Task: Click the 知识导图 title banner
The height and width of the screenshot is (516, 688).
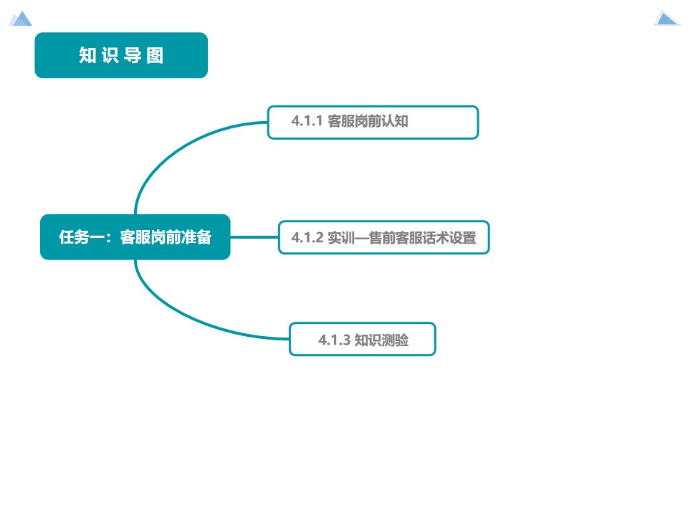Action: click(x=121, y=55)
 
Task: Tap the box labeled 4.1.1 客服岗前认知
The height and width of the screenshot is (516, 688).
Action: click(x=373, y=122)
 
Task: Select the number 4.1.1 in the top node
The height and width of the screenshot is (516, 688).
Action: click(x=307, y=121)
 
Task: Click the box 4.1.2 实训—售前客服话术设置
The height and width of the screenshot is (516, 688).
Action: click(x=383, y=237)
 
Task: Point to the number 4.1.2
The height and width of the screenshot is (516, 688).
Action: click(x=307, y=237)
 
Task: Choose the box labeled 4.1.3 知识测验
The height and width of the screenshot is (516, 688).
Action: click(x=362, y=339)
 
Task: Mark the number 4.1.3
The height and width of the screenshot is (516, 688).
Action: click(x=334, y=340)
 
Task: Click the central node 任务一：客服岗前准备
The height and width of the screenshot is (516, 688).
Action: click(x=135, y=237)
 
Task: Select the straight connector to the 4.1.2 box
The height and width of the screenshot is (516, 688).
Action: click(x=254, y=237)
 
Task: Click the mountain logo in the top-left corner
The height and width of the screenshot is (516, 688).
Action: click(x=21, y=19)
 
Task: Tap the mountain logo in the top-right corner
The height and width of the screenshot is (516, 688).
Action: click(x=666, y=19)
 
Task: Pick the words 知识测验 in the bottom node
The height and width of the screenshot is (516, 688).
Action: click(x=381, y=340)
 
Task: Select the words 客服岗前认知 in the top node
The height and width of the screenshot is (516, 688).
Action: click(x=368, y=121)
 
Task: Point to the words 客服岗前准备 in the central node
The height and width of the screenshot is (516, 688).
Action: click(x=166, y=237)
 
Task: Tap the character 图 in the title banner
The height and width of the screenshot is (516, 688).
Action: click(x=155, y=55)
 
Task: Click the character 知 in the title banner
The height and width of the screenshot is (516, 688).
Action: click(x=87, y=55)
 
